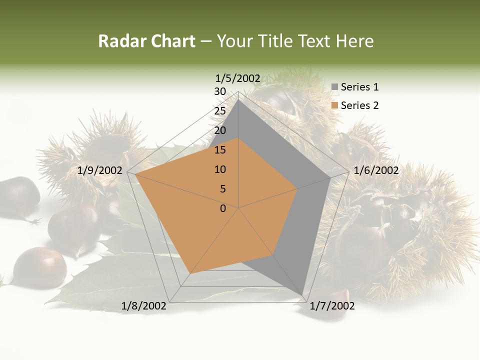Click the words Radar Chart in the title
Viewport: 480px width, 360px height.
coord(146,41)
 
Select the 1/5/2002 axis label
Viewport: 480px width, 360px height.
coord(238,78)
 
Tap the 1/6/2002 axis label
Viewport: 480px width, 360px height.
coord(376,170)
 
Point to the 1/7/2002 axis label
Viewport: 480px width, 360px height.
coord(332,306)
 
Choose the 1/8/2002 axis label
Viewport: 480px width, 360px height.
coord(144,306)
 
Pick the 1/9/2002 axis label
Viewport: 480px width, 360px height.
coord(100,170)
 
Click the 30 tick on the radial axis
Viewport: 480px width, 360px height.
coord(220,91)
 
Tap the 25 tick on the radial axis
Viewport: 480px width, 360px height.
coord(220,111)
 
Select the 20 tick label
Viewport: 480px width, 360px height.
coord(220,130)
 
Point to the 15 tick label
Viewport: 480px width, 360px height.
coord(220,150)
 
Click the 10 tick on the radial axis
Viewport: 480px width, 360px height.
coord(220,169)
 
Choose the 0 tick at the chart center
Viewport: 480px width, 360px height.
coord(223,208)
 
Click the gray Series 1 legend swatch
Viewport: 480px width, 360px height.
coord(334,87)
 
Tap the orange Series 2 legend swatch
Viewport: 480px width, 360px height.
coord(334,105)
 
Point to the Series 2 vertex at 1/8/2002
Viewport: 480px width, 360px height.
coord(190,273)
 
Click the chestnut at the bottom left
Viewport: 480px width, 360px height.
coord(39,267)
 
